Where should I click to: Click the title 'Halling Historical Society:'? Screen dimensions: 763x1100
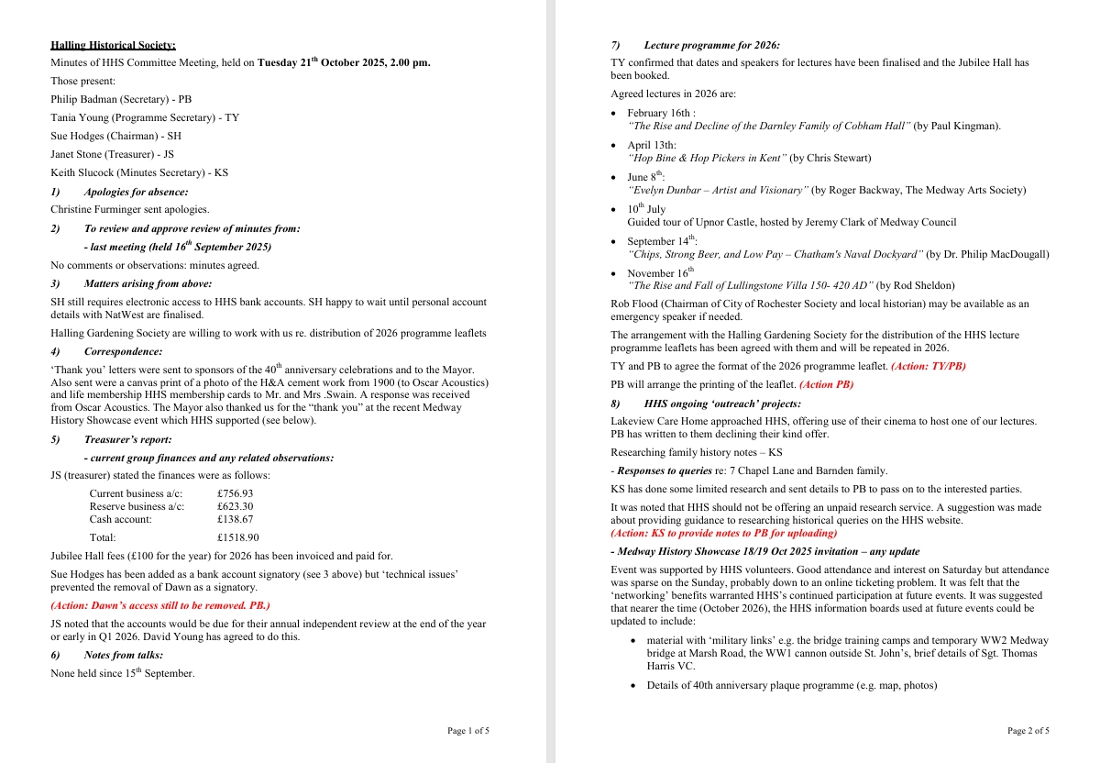tap(113, 45)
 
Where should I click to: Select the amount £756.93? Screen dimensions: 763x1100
tap(235, 493)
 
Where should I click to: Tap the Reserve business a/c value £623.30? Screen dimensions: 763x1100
tap(235, 506)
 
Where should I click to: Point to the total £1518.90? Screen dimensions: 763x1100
tap(237, 538)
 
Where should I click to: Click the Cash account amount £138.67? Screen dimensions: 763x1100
tap(235, 519)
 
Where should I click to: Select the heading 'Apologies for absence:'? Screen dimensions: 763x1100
tap(136, 192)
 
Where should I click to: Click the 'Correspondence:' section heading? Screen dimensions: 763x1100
tap(123, 351)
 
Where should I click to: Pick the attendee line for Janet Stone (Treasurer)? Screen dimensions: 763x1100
tap(112, 154)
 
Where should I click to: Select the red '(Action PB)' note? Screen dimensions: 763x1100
tap(826, 385)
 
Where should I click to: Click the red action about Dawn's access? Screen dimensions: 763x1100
tap(159, 605)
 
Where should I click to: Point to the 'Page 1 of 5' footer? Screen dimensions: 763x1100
tap(467, 731)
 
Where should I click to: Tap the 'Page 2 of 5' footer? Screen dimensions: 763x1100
tap(1028, 731)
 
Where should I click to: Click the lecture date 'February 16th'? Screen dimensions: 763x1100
tap(659, 113)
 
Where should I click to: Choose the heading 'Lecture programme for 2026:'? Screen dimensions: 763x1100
tap(711, 45)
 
